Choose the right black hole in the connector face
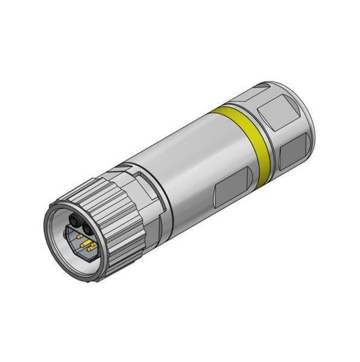(87, 229)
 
